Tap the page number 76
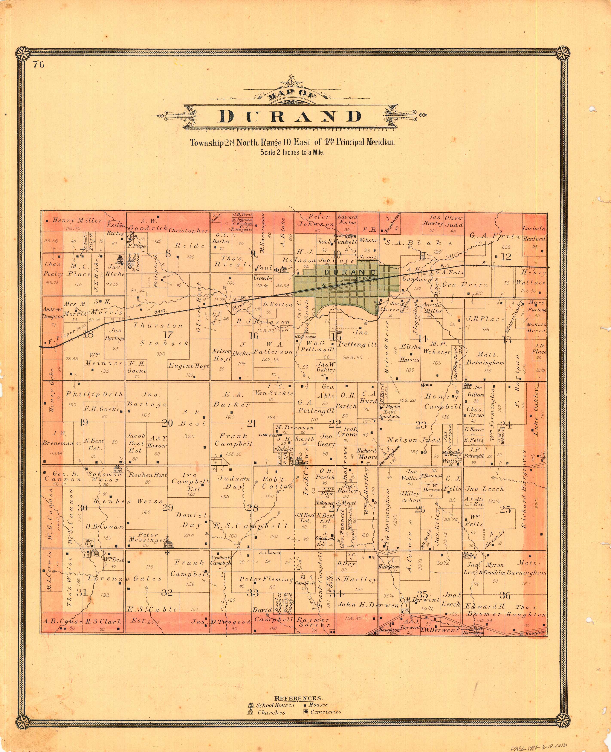click(x=39, y=64)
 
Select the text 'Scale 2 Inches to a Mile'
click(x=292, y=153)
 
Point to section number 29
click(x=168, y=507)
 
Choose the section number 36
click(x=505, y=595)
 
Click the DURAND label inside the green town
click(x=351, y=272)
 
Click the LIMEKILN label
click(x=269, y=435)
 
